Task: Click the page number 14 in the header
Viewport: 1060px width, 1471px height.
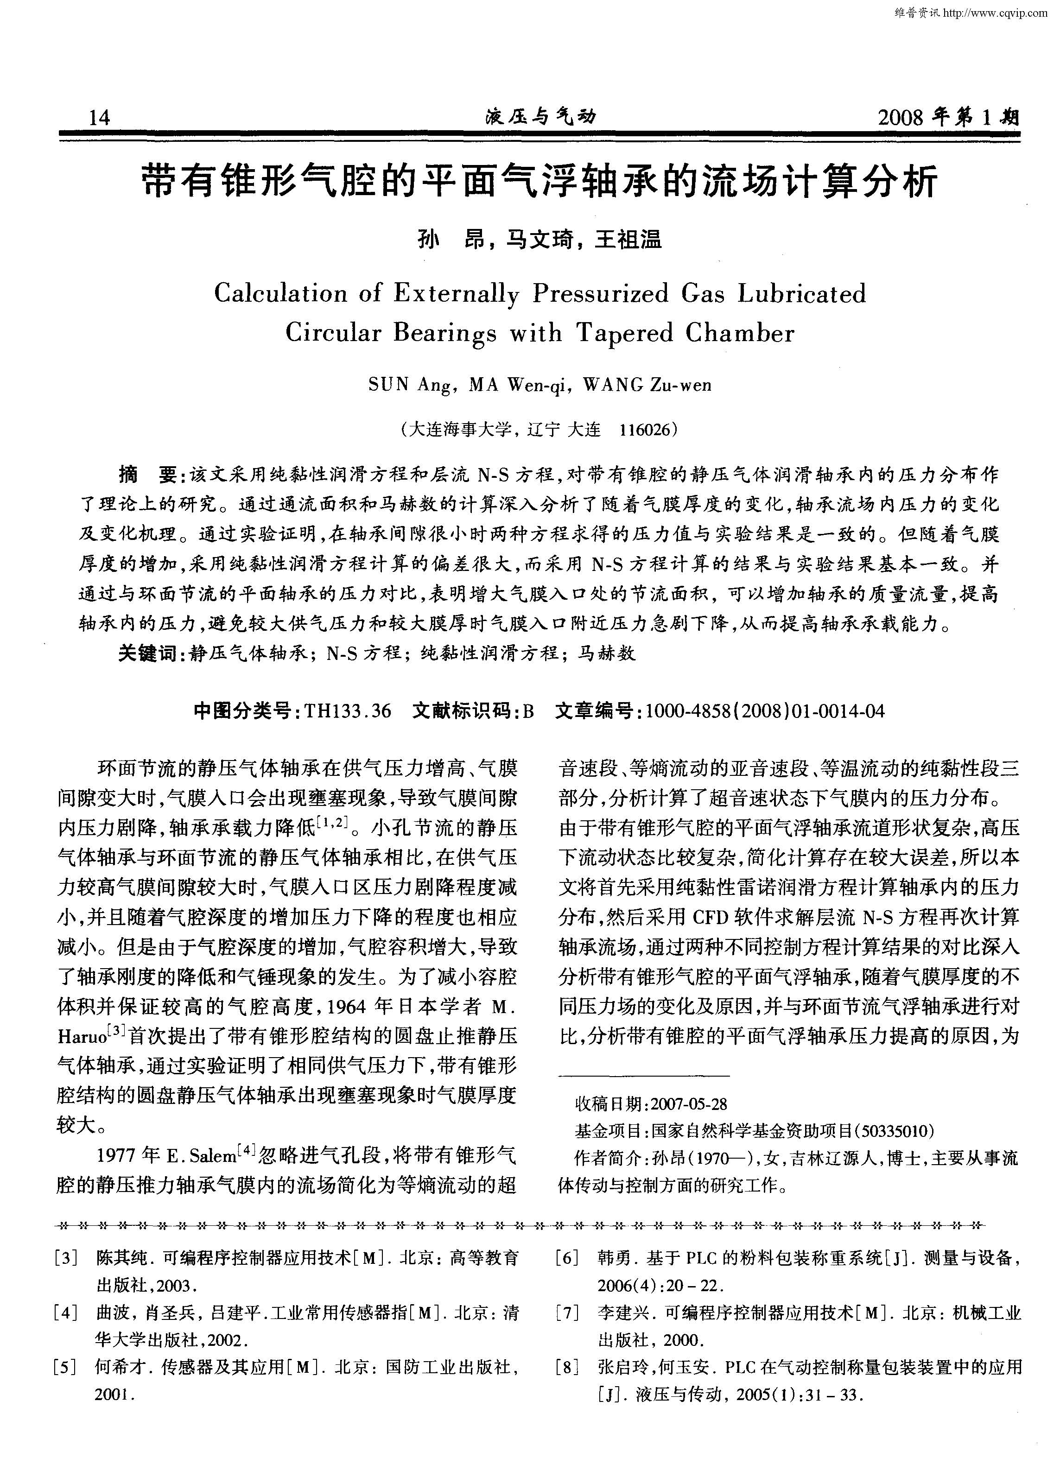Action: coord(99,117)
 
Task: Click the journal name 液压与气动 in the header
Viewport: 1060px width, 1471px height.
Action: coord(540,117)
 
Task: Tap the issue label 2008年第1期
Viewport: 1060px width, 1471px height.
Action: coord(948,117)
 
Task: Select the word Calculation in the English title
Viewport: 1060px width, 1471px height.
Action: coord(280,294)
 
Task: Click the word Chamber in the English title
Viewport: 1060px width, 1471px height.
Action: coord(740,333)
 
